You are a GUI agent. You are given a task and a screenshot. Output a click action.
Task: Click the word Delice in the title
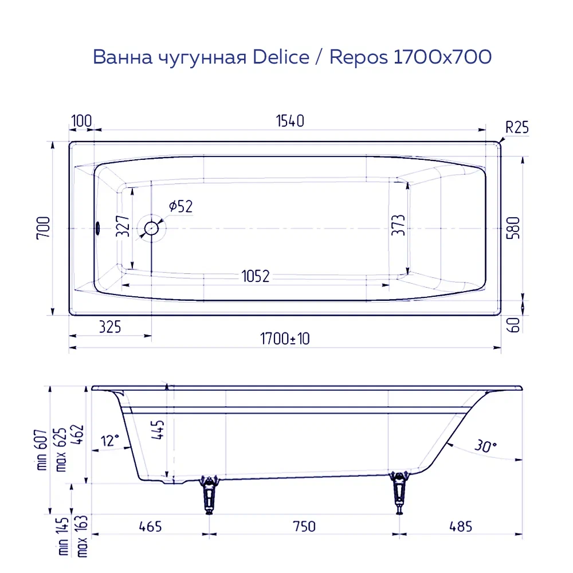click(281, 57)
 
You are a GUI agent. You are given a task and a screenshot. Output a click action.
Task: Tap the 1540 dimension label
click(290, 121)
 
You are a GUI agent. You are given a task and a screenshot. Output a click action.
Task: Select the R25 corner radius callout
click(516, 127)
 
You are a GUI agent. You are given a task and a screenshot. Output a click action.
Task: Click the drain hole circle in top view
click(152, 228)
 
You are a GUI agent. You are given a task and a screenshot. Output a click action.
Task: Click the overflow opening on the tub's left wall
click(98, 228)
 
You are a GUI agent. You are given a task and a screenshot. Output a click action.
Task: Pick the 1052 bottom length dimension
click(255, 276)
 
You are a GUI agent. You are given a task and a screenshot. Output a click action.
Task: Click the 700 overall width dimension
click(45, 228)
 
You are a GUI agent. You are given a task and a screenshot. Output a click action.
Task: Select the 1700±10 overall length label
click(285, 339)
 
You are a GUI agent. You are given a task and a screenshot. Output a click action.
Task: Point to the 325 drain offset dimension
click(109, 327)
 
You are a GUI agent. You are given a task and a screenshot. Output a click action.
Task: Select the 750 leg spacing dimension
click(304, 526)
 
